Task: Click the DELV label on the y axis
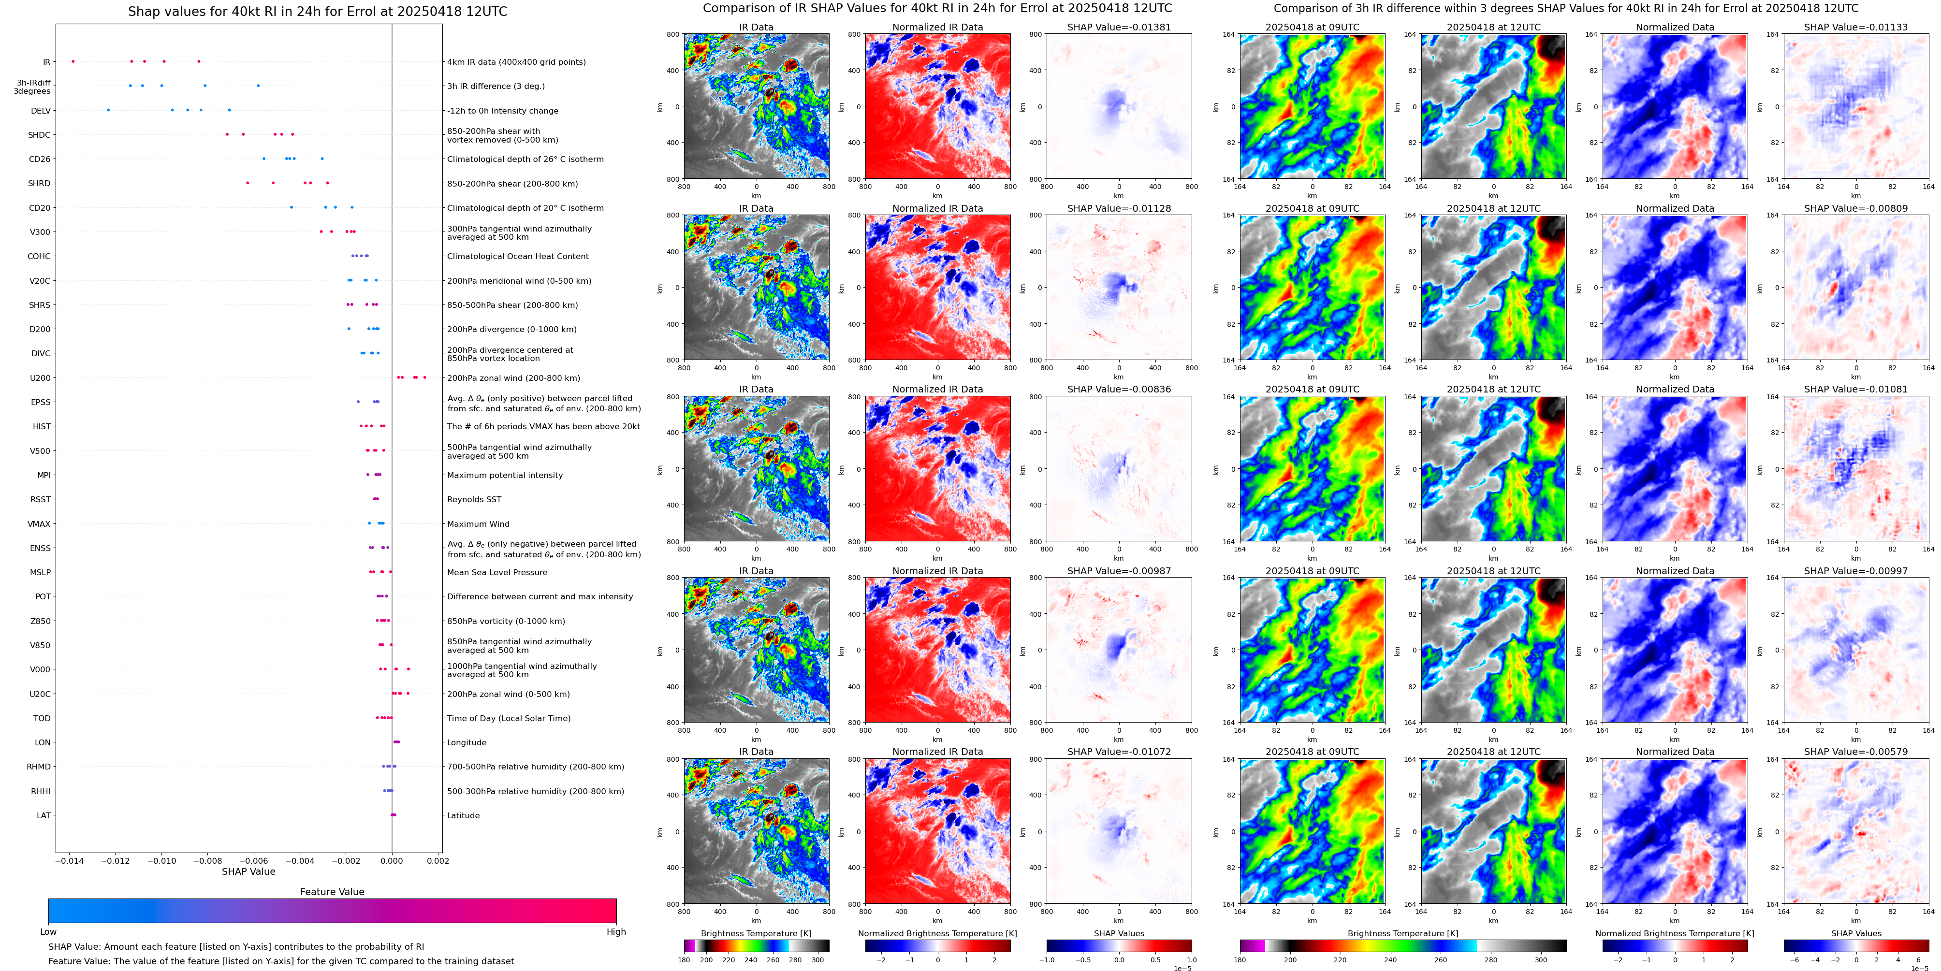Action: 41,111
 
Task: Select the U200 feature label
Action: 41,378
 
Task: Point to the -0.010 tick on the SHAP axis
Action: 161,861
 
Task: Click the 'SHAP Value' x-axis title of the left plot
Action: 248,871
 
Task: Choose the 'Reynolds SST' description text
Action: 474,499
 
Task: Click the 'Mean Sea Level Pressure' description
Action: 497,573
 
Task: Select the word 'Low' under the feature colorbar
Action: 48,932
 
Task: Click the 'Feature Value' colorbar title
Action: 332,892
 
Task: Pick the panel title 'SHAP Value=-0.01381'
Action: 1119,27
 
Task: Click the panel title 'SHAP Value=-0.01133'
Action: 1856,27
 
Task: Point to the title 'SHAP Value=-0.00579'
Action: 1856,752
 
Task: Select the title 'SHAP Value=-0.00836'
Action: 1119,390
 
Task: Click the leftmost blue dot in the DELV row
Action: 108,110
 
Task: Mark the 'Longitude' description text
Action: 467,743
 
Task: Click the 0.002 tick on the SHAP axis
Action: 438,861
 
